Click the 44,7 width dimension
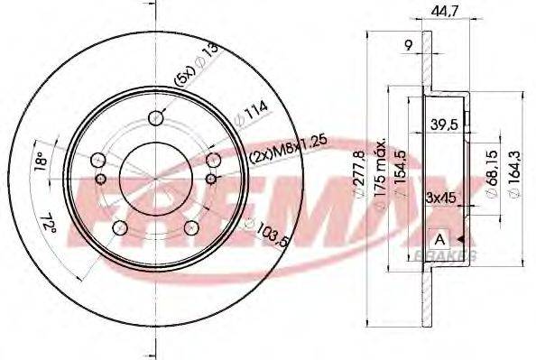point(439,11)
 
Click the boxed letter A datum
point(439,239)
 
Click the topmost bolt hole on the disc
point(157,117)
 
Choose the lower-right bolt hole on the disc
point(190,230)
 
